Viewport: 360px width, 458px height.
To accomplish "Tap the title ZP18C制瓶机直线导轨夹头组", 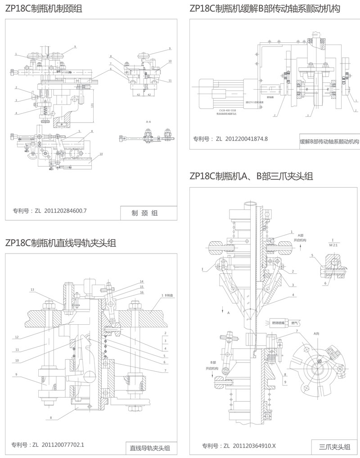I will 61,243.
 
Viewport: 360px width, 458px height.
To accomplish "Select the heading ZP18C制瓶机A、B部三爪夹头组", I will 251,176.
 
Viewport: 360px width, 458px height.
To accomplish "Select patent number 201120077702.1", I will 63,445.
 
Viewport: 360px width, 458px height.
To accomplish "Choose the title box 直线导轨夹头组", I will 150,448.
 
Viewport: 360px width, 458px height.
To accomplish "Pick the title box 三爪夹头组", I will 334,447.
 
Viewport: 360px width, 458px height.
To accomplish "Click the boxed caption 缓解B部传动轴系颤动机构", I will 329,141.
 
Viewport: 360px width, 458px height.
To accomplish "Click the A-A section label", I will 148,122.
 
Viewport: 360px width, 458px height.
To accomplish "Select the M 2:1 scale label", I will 333,245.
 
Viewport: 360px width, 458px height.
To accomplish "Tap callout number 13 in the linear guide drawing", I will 32,289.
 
